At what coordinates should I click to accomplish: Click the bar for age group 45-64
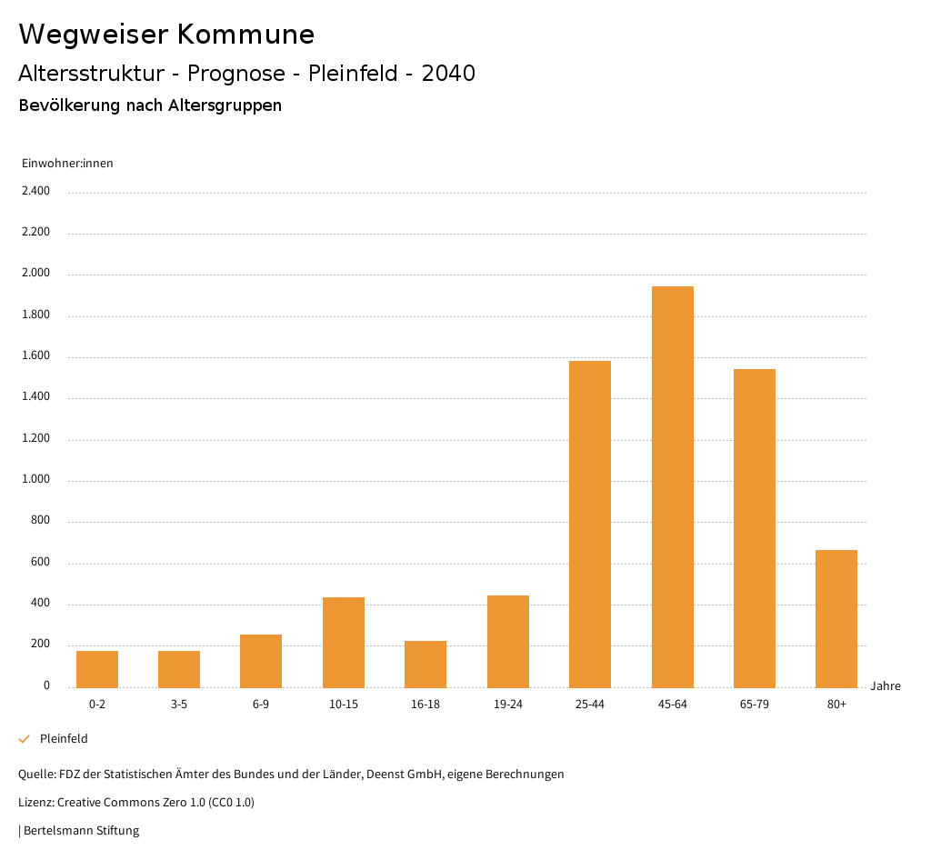tap(672, 486)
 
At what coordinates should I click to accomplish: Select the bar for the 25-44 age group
tap(590, 524)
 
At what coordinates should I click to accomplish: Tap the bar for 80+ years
tap(836, 618)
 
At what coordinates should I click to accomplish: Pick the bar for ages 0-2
tap(97, 669)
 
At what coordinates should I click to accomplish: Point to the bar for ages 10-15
tap(344, 642)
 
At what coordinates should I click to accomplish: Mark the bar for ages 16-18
tap(425, 664)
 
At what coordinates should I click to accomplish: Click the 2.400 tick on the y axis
tap(35, 191)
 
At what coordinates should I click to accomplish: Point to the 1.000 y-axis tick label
tap(35, 480)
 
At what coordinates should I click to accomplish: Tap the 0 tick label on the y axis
tap(46, 686)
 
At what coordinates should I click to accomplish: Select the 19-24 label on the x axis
tap(507, 705)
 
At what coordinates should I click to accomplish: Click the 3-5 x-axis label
tap(179, 705)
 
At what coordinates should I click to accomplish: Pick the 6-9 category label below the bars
tap(261, 705)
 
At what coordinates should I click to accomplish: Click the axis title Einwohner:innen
tap(67, 164)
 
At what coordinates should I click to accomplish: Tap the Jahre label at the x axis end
tap(886, 686)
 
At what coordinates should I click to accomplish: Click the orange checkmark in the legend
tap(25, 739)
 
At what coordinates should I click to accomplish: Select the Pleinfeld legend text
tap(64, 739)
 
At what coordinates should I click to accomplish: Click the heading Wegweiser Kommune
tap(166, 35)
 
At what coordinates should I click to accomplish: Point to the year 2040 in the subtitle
tap(448, 74)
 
